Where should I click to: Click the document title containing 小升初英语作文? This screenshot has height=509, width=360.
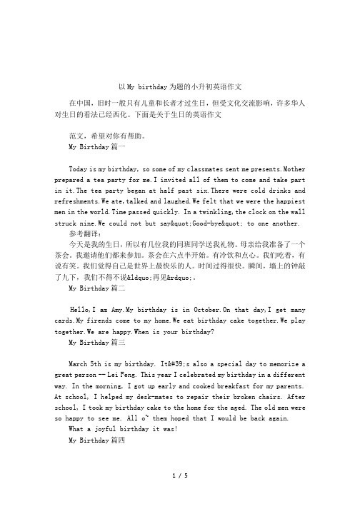tap(179, 86)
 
